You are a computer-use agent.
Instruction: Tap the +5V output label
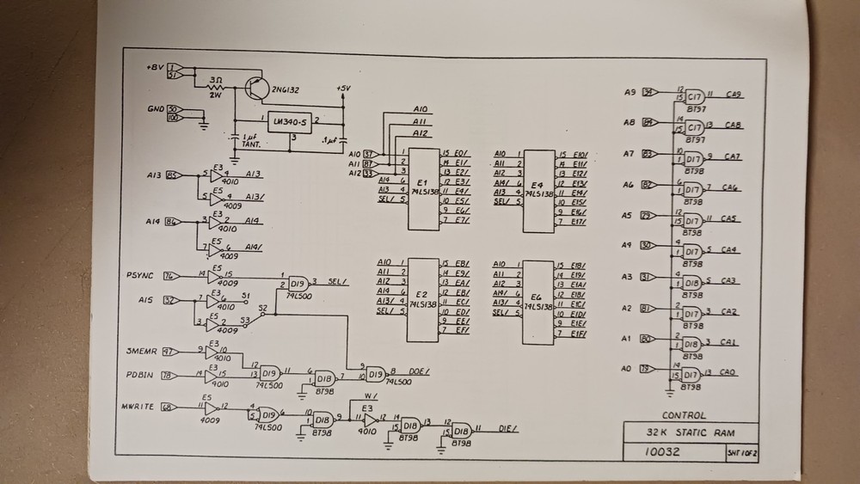tap(343, 89)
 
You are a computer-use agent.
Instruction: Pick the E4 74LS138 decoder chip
tap(538, 190)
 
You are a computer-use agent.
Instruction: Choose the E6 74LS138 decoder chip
tap(538, 300)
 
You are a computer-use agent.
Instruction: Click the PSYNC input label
tap(140, 275)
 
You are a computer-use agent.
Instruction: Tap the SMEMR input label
tap(141, 352)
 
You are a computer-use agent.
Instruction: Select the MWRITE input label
tap(140, 406)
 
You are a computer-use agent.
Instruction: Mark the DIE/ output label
tap(509, 428)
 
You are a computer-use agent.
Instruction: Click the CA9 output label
tap(734, 95)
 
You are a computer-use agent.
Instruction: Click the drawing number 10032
tap(662, 450)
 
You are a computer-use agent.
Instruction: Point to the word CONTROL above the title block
tap(684, 414)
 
